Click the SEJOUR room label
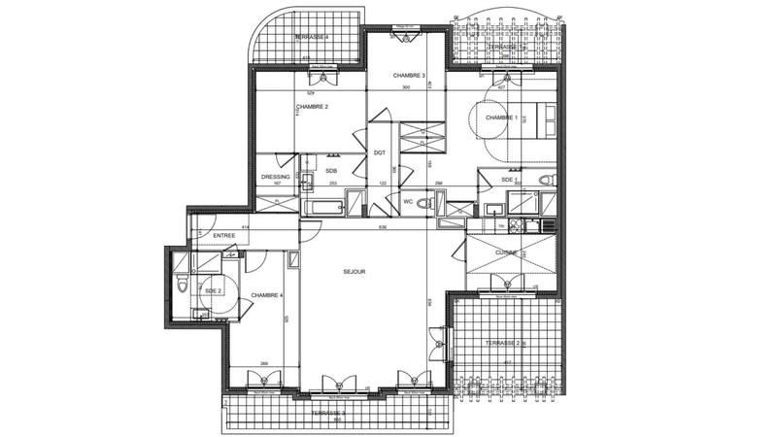355,273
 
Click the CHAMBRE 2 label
313,107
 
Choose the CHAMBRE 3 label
410,75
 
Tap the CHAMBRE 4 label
266,295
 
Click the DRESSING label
277,177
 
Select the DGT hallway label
380,153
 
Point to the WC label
409,201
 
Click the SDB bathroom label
331,171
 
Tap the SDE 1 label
509,180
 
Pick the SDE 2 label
214,290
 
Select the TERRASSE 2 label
503,344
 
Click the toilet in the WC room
442,205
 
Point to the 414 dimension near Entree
247,227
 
